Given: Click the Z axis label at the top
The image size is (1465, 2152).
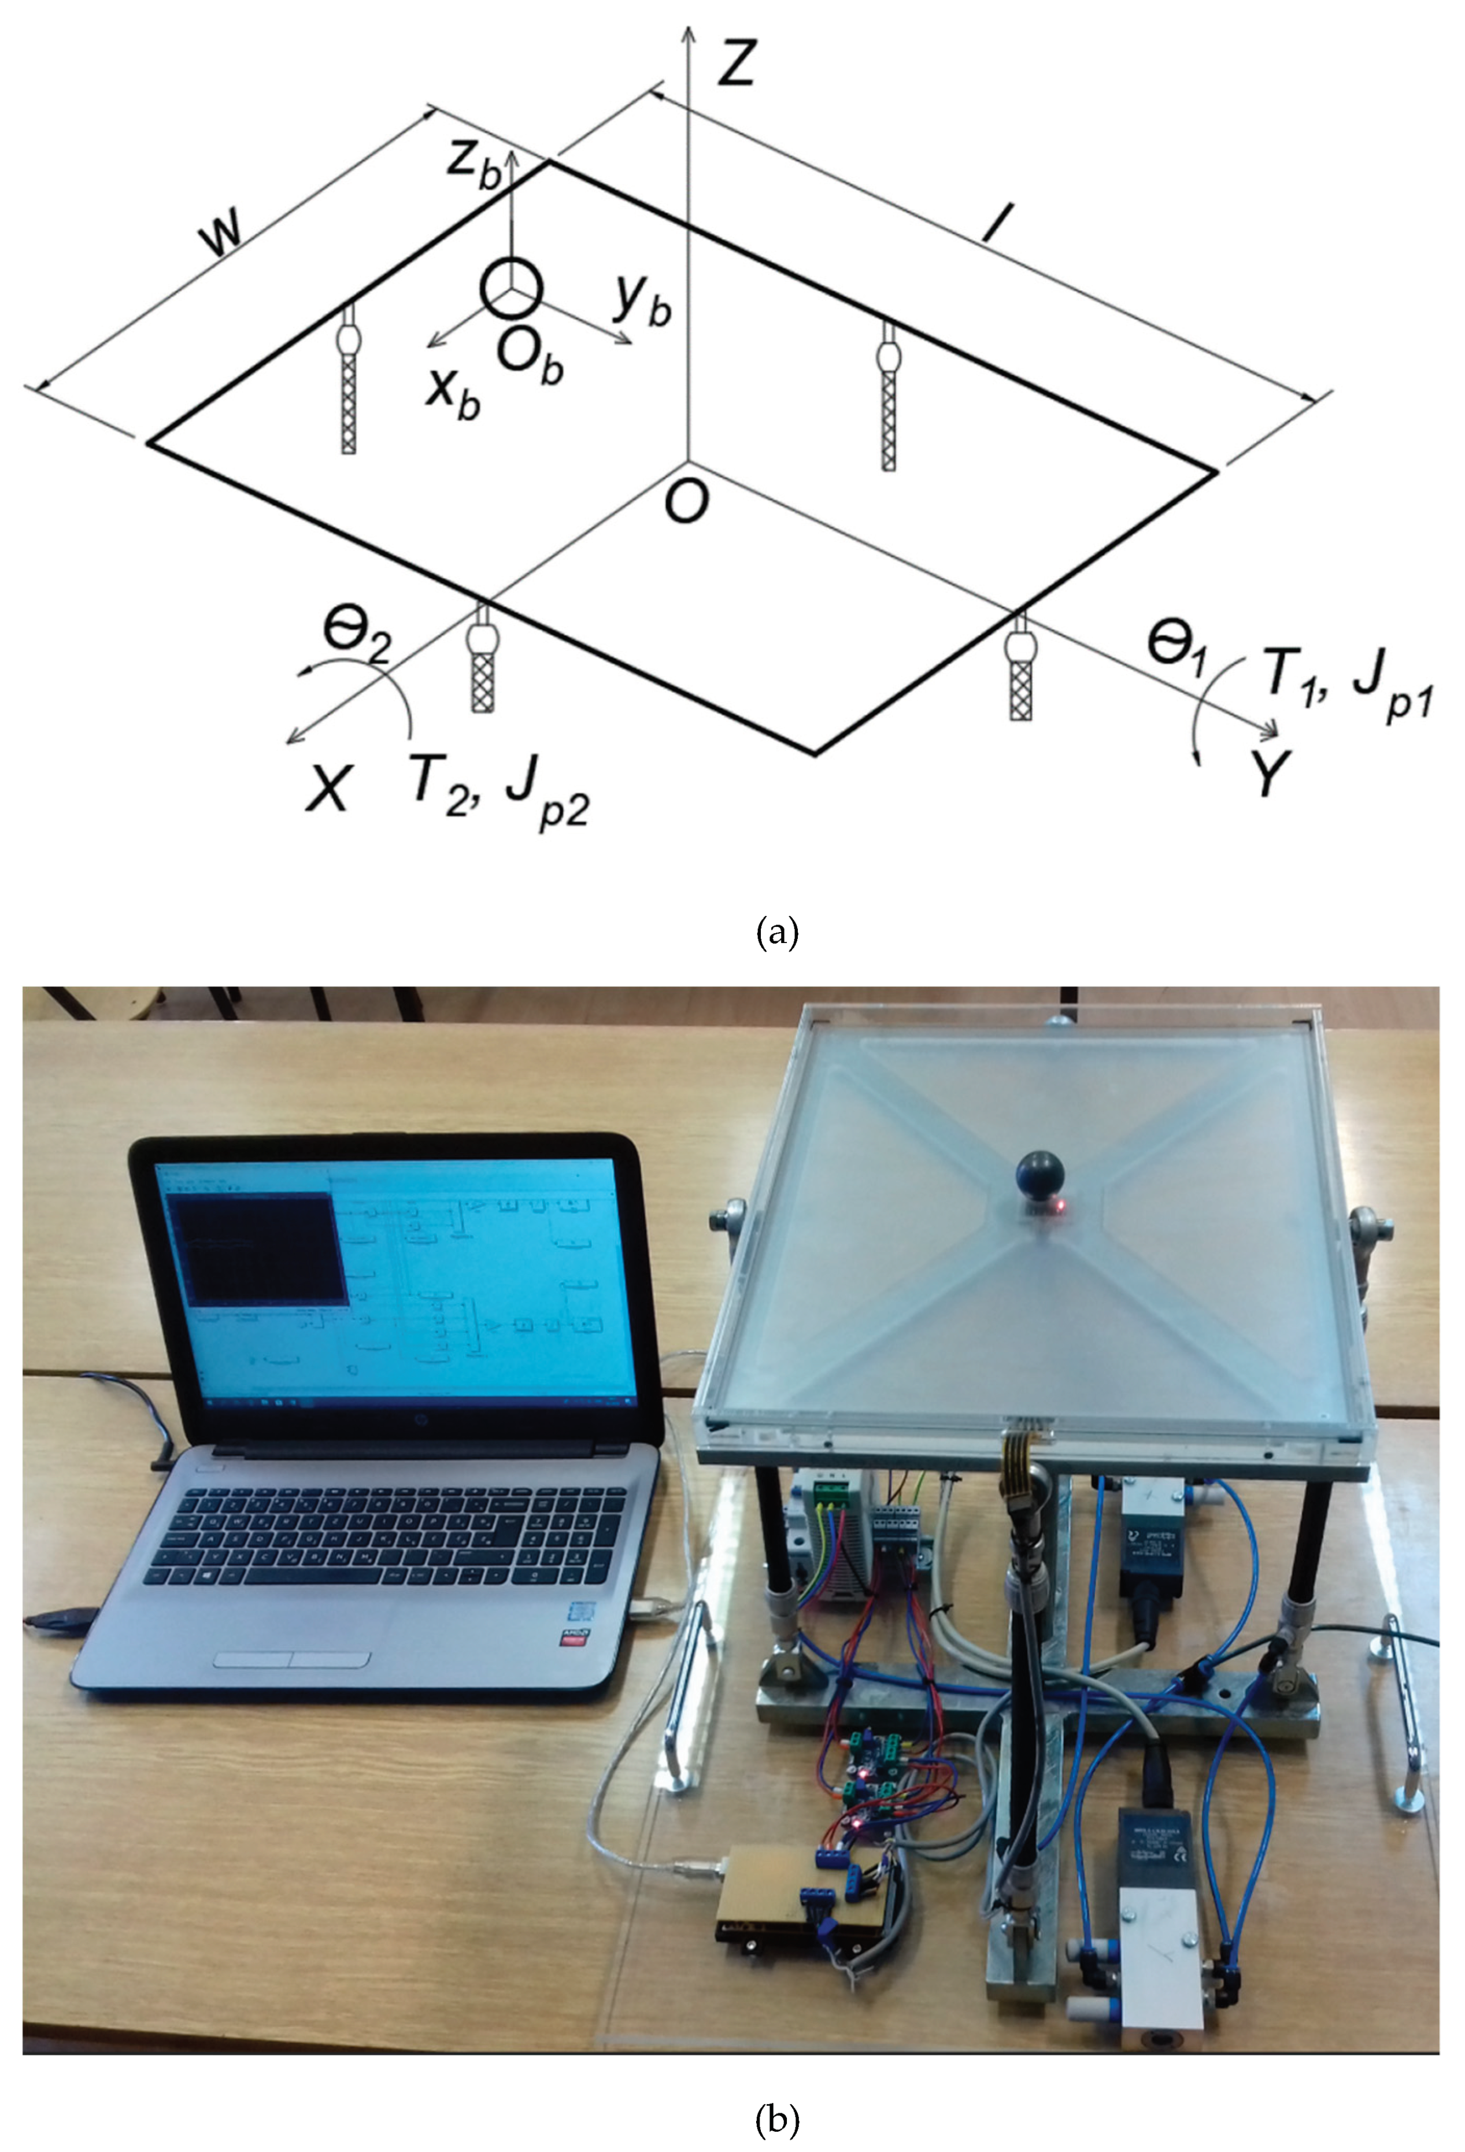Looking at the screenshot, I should pos(736,65).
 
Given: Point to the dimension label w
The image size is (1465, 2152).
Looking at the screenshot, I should pos(224,234).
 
